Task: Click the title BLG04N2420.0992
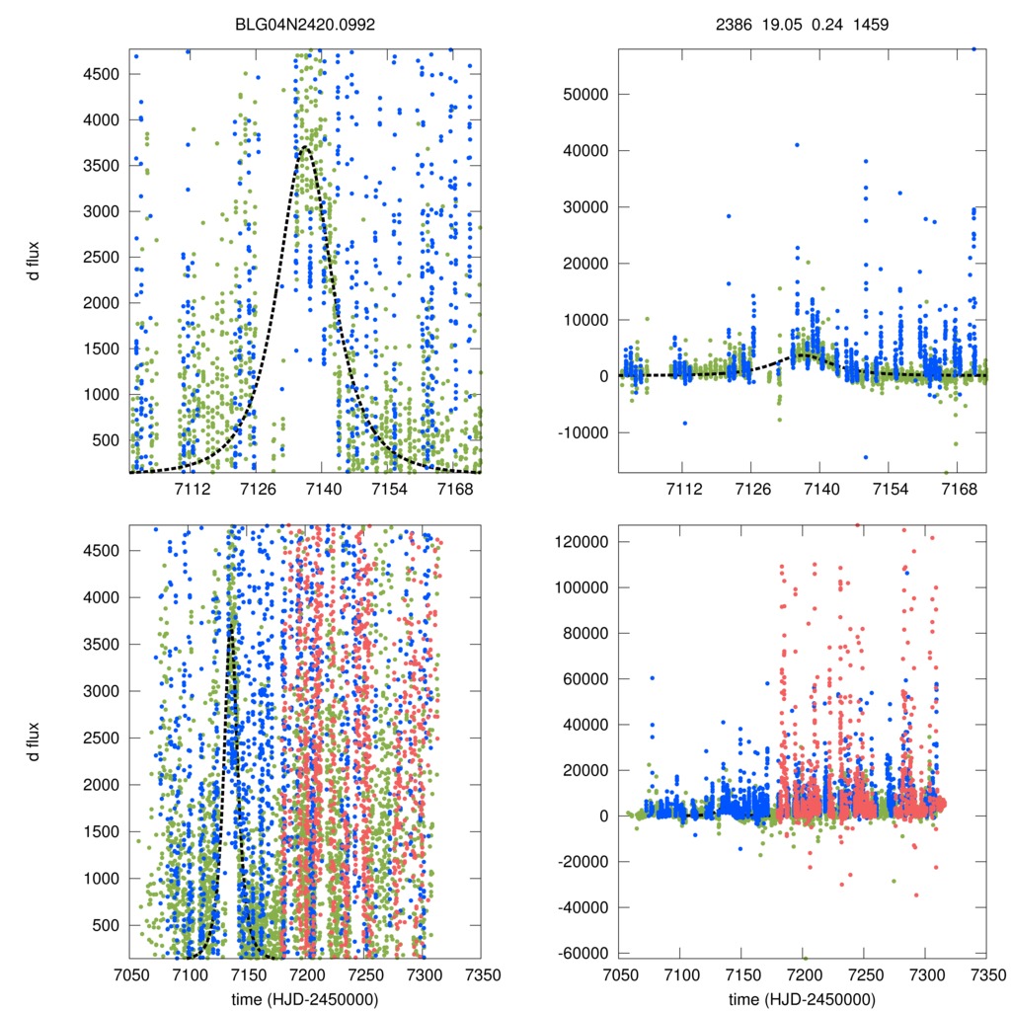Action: click(x=305, y=23)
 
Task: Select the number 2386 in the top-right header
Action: click(x=734, y=23)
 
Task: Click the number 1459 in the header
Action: click(x=872, y=23)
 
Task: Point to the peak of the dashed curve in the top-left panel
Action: click(x=305, y=148)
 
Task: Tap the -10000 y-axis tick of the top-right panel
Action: click(x=584, y=432)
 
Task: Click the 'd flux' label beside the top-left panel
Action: click(x=38, y=261)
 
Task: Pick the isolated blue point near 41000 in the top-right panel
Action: click(x=797, y=145)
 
